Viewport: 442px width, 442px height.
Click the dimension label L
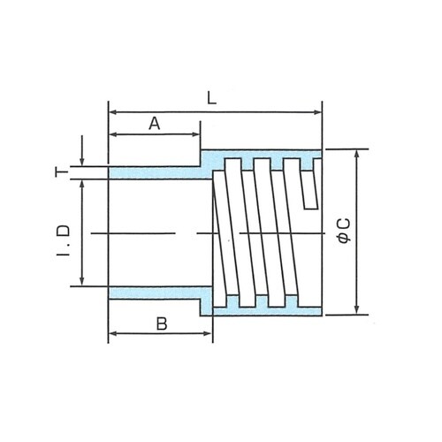[211, 98]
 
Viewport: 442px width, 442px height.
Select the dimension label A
[155, 124]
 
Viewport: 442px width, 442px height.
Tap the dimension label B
[162, 324]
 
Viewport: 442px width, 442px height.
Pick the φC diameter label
[344, 231]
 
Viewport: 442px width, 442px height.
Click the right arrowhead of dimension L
[318, 112]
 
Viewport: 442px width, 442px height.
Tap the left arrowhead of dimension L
[113, 112]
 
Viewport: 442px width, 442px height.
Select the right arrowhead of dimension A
[196, 134]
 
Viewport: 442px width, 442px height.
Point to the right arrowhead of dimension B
[209, 333]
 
